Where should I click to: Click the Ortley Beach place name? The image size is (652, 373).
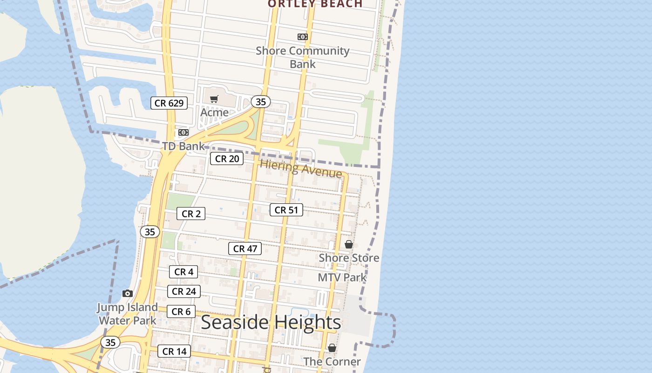[315, 4]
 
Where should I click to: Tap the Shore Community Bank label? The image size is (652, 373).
[303, 57]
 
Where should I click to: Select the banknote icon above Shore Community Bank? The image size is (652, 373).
[303, 37]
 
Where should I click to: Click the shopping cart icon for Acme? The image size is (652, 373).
[214, 99]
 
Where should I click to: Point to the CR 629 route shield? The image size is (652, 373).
[169, 103]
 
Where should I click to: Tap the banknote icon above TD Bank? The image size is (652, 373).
[183, 132]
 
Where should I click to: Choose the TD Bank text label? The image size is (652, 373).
[183, 146]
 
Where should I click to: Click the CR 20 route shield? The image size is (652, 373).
[227, 159]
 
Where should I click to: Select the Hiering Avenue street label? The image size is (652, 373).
[301, 168]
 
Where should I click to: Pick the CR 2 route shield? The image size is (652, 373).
[191, 214]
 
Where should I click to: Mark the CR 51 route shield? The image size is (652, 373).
[286, 210]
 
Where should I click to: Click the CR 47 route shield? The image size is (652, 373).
[245, 249]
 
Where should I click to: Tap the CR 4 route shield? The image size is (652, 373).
[183, 271]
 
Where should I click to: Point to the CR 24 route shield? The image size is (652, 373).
[184, 291]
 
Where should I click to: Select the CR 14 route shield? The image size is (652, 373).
[174, 351]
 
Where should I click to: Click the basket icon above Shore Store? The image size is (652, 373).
[349, 244]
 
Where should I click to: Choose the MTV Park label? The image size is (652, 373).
[342, 277]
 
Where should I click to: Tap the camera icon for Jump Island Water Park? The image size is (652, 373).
[128, 293]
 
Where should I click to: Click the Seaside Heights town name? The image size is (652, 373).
[271, 322]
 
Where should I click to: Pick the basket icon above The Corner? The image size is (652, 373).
[332, 348]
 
